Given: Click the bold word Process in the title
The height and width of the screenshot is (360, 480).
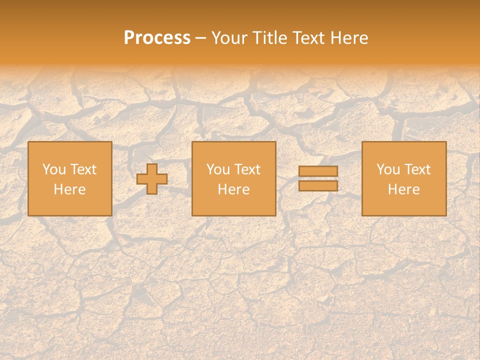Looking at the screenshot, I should tap(157, 38).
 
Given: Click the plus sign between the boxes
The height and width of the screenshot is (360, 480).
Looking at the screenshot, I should tap(152, 179).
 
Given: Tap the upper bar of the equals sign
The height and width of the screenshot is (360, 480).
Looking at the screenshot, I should tap(318, 171).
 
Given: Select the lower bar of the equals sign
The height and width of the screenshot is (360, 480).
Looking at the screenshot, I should tap(318, 185).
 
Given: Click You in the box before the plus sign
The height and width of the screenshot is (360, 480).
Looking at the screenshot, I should tap(54, 169).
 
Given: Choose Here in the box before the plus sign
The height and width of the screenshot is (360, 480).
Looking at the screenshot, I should tap(69, 189).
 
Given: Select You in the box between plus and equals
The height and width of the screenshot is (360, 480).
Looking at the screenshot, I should tap(218, 169).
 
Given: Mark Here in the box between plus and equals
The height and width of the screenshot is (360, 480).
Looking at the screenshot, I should tap(233, 189).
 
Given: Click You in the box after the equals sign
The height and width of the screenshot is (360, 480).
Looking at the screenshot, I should tap(388, 169).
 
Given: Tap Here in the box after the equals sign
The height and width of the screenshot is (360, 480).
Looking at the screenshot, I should tap(403, 189).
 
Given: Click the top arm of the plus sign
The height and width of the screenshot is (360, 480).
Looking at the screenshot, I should tap(152, 168).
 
